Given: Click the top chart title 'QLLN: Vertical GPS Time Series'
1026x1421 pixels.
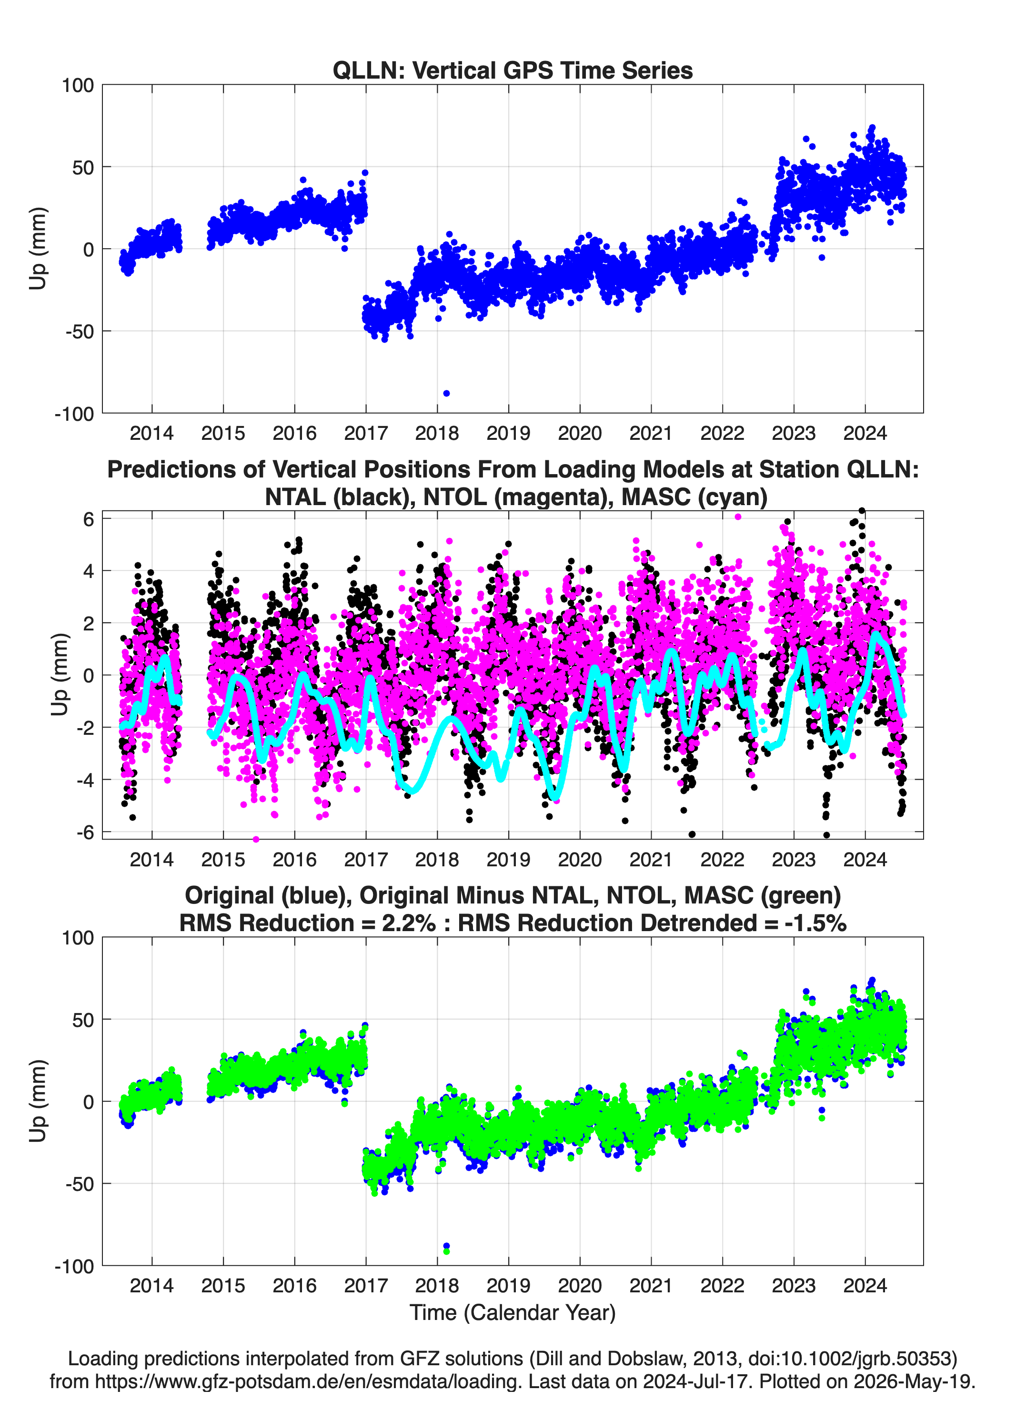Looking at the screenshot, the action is click(x=513, y=70).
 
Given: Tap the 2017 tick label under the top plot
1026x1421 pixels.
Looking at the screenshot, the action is click(x=366, y=433).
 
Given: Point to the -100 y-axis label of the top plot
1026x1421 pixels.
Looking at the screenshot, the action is click(x=74, y=414).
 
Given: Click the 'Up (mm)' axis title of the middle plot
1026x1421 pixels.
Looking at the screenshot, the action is click(x=60, y=674).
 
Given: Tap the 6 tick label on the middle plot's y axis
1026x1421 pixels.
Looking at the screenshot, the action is click(x=88, y=519).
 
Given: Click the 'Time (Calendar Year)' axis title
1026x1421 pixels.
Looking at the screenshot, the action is click(x=513, y=1312).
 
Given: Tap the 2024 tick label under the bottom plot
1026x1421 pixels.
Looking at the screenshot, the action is click(x=865, y=1285).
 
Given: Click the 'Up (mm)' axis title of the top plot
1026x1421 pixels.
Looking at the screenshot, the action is click(x=38, y=248).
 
